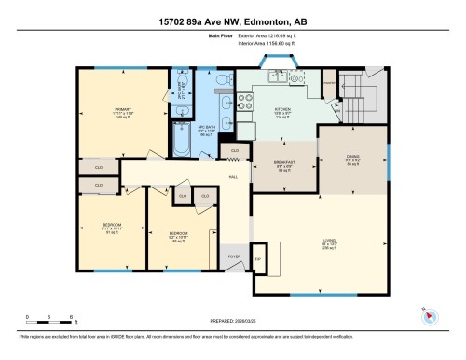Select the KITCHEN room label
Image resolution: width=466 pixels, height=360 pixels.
pos(283,110)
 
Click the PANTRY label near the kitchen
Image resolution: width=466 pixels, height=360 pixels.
pos(328,83)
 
